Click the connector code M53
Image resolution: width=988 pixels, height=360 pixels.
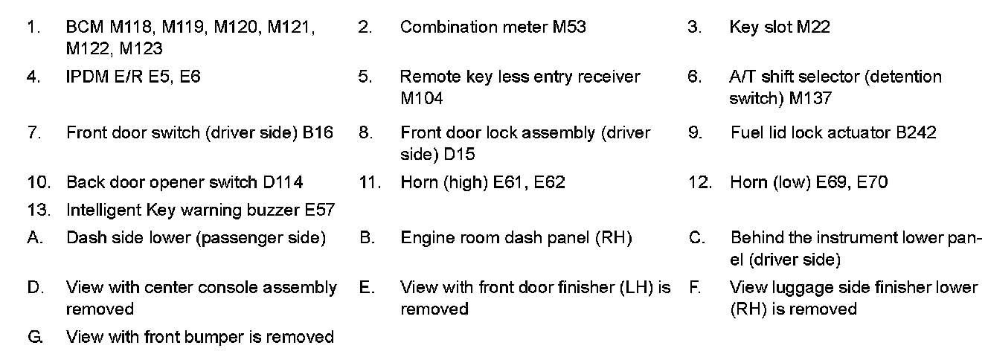click(x=569, y=28)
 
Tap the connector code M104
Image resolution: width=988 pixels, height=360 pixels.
click(x=421, y=99)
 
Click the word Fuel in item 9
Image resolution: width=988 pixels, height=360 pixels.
click(x=745, y=133)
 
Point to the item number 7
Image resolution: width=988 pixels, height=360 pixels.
click(x=33, y=133)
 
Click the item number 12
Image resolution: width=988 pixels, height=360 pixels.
click(x=699, y=182)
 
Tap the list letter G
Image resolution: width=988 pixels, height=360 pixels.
click(x=33, y=338)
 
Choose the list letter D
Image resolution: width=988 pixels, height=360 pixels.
click(x=33, y=287)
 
